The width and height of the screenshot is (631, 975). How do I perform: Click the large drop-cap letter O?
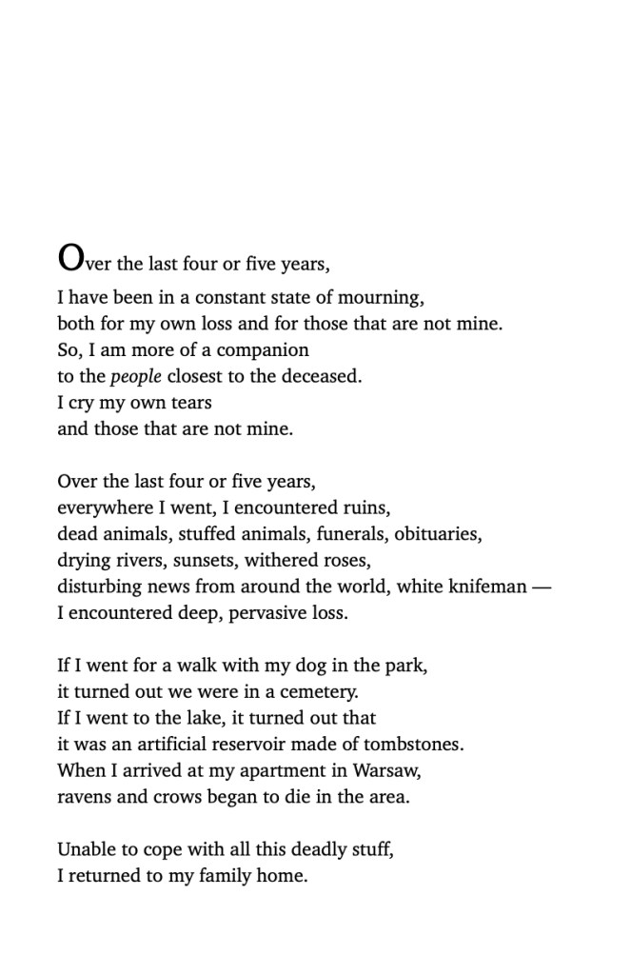[71, 257]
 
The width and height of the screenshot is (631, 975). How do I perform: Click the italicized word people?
[136, 376]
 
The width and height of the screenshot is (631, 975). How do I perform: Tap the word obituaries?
[438, 534]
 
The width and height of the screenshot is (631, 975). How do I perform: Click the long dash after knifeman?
[542, 587]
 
